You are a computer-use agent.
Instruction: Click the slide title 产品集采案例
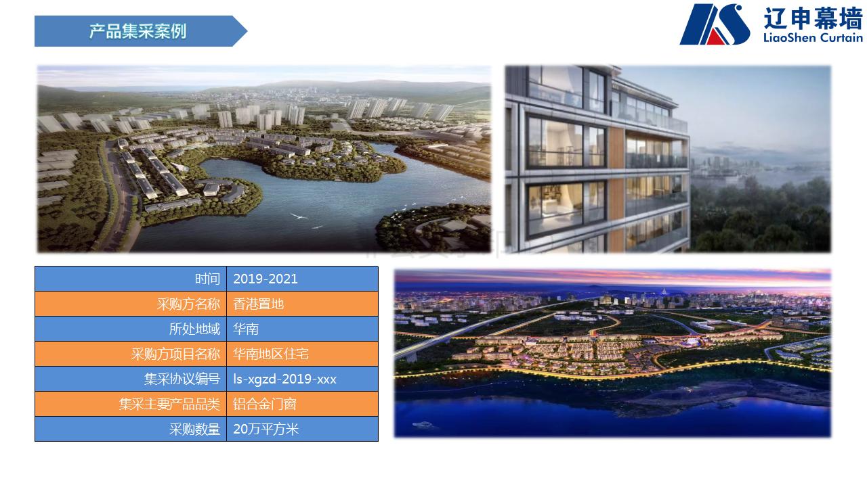[138, 31]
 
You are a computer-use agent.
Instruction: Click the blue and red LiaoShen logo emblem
[715, 24]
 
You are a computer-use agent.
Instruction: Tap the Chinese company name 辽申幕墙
[813, 18]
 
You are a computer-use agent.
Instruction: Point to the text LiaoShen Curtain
[813, 38]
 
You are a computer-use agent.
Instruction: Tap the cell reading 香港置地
[259, 304]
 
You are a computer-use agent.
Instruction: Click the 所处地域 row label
[194, 329]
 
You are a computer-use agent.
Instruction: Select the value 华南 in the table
[246, 329]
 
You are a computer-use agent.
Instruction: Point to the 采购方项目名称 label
[175, 354]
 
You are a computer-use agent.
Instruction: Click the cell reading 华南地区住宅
[271, 354]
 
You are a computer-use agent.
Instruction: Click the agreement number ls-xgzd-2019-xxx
[285, 379]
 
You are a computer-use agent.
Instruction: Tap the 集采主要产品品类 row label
[169, 404]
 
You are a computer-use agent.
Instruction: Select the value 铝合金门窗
[265, 404]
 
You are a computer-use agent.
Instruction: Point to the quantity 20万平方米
[266, 429]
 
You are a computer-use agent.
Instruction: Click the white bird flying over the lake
[299, 216]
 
